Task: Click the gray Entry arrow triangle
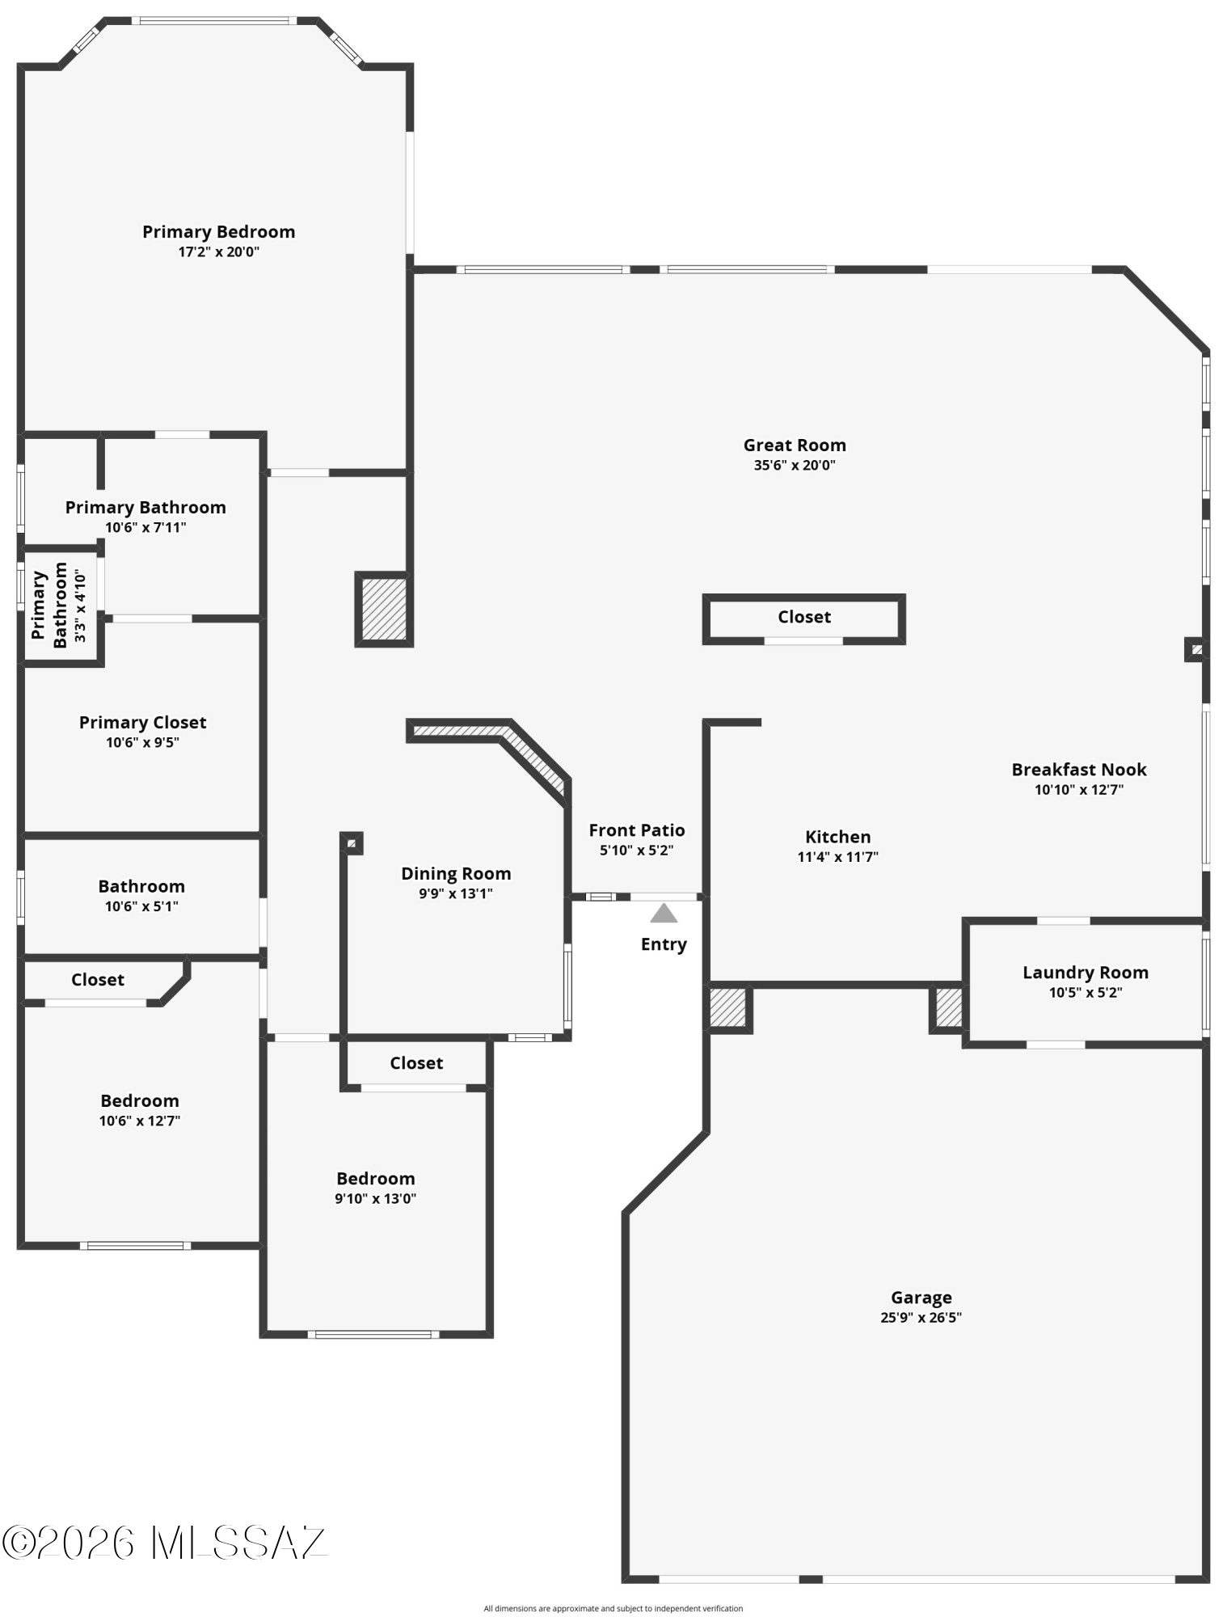(664, 913)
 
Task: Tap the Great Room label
(795, 445)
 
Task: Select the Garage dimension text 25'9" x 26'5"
(921, 1317)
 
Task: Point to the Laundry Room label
(1085, 973)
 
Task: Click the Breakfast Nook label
(1079, 770)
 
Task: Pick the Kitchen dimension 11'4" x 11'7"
(837, 857)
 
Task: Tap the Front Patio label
(636, 830)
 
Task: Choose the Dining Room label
(456, 874)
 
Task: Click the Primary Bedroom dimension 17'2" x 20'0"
(218, 251)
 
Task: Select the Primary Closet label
(142, 722)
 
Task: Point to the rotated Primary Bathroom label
(49, 605)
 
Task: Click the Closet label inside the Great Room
(804, 617)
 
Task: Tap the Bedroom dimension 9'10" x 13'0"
(375, 1198)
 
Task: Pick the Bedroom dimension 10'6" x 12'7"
(139, 1121)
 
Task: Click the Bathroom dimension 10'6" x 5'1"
(141, 906)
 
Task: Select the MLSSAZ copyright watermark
(164, 1543)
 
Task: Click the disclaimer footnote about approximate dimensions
(613, 1608)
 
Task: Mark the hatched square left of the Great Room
(384, 610)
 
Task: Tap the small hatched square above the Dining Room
(352, 843)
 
